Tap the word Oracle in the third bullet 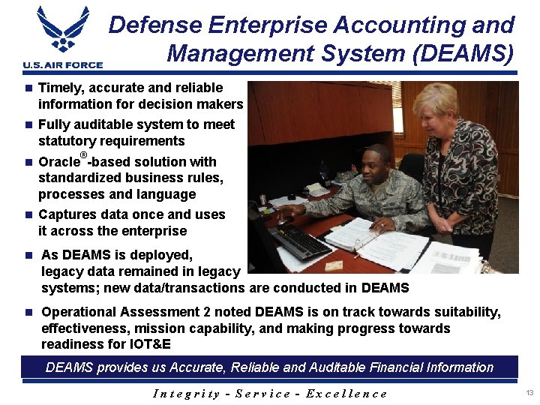pyautogui.click(x=58, y=162)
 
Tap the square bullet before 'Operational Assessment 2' pyautogui.click(x=28, y=312)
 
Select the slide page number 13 pyautogui.click(x=529, y=393)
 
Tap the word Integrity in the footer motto pyautogui.click(x=187, y=393)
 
